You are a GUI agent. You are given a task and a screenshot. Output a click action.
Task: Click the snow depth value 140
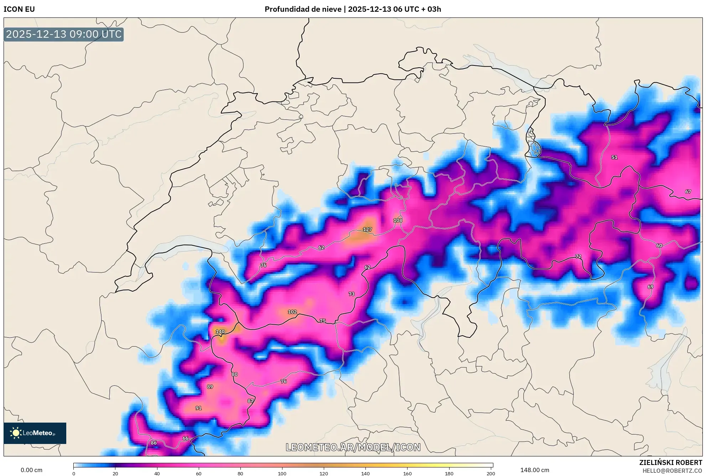pyautogui.click(x=220, y=331)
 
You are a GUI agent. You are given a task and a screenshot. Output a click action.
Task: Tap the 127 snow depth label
pyautogui.click(x=367, y=229)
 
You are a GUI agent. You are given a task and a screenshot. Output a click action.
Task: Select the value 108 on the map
pyautogui.click(x=398, y=220)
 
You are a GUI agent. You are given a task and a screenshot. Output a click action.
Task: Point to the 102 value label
pyautogui.click(x=292, y=312)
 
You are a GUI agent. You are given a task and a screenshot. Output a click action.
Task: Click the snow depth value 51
pyautogui.click(x=614, y=157)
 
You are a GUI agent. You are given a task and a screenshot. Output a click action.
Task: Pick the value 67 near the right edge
pyautogui.click(x=688, y=192)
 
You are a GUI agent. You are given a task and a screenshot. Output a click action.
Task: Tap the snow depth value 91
pyautogui.click(x=198, y=408)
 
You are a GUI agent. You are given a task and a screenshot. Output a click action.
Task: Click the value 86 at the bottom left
pyautogui.click(x=154, y=443)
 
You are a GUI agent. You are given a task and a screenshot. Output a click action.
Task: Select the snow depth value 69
pyautogui.click(x=650, y=287)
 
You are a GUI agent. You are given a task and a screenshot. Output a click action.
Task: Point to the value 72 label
pyautogui.click(x=578, y=256)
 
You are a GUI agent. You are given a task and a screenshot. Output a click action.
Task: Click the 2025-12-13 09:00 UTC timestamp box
pyautogui.click(x=64, y=34)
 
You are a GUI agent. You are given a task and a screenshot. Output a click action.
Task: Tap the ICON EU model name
pyautogui.click(x=19, y=9)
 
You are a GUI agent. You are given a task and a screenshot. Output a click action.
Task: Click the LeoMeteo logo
pyautogui.click(x=35, y=433)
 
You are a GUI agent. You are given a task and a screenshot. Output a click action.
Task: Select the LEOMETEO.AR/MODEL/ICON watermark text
pyautogui.click(x=353, y=447)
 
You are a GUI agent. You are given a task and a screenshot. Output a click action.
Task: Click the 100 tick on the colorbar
pyautogui.click(x=282, y=474)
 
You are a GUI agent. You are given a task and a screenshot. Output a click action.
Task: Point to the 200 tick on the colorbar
pyautogui.click(x=491, y=474)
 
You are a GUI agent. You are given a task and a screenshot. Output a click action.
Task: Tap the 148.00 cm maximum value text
pyautogui.click(x=535, y=470)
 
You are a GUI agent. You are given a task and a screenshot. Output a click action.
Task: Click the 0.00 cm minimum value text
pyautogui.click(x=31, y=470)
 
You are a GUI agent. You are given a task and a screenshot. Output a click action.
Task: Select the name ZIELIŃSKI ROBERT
pyautogui.click(x=671, y=462)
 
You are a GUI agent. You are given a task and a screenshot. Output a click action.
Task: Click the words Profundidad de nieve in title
pyautogui.click(x=303, y=9)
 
